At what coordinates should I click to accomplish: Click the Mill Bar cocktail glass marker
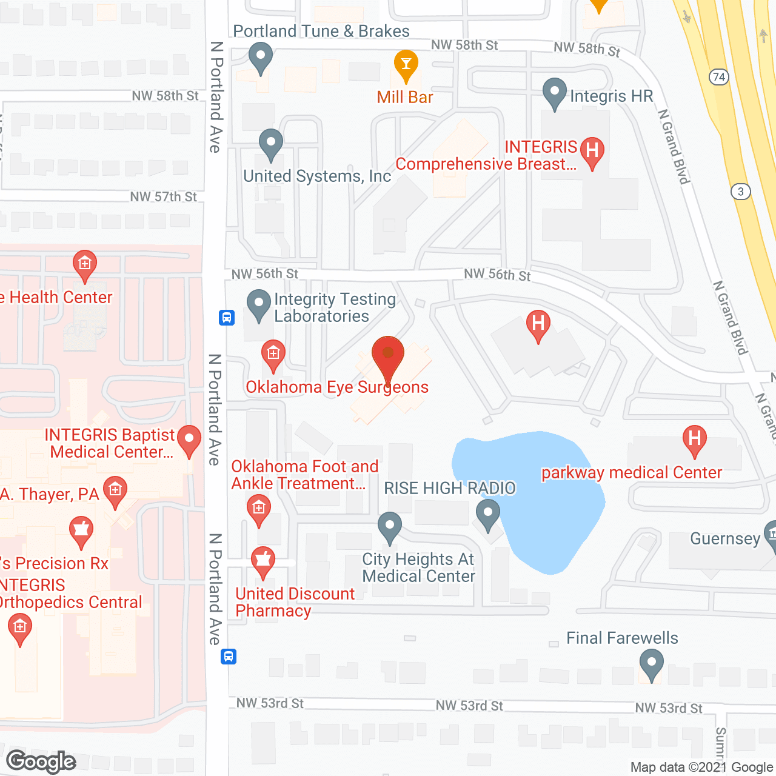point(406,64)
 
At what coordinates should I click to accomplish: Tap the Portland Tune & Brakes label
point(321,31)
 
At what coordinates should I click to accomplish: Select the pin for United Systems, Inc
point(270,144)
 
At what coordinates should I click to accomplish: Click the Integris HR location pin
point(554,93)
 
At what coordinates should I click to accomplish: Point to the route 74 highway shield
point(718,77)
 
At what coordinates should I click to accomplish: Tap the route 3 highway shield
point(740,192)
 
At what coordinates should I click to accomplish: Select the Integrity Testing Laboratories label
point(335,307)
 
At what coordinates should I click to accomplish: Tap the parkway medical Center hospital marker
point(695,440)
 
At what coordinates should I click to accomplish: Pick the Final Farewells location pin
point(651,664)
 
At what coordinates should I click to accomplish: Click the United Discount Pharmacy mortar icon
point(263,562)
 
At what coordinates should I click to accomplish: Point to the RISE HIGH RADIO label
point(450,488)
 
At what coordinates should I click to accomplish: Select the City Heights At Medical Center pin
point(389,527)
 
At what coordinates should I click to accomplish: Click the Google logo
point(41,761)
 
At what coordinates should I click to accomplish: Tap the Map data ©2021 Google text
point(701,768)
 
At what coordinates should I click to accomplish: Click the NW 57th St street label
point(164,197)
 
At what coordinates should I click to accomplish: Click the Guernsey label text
point(725,539)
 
